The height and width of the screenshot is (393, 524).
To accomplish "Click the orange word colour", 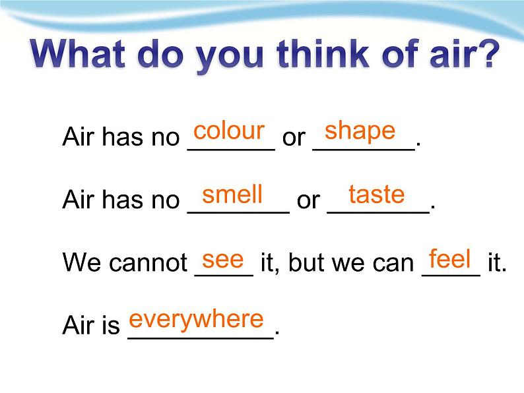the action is [x=229, y=130].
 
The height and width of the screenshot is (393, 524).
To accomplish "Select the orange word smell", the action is [x=232, y=195].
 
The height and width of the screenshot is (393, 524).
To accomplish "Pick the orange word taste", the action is [x=377, y=195].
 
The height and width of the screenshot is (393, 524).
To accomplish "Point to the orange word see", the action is [x=223, y=260].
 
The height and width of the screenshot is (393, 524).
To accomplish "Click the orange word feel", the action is [x=450, y=258].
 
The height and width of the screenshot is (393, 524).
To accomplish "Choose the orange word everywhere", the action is [x=196, y=320].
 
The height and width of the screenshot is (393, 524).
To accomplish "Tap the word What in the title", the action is [x=77, y=54].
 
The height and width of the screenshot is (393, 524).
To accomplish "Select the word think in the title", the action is [x=323, y=53].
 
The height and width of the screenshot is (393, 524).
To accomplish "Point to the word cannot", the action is [x=148, y=262].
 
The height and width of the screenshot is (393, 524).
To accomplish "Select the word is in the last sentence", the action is [x=112, y=324].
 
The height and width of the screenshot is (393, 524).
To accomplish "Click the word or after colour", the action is [x=294, y=138].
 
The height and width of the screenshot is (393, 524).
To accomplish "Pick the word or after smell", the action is [x=308, y=200].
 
